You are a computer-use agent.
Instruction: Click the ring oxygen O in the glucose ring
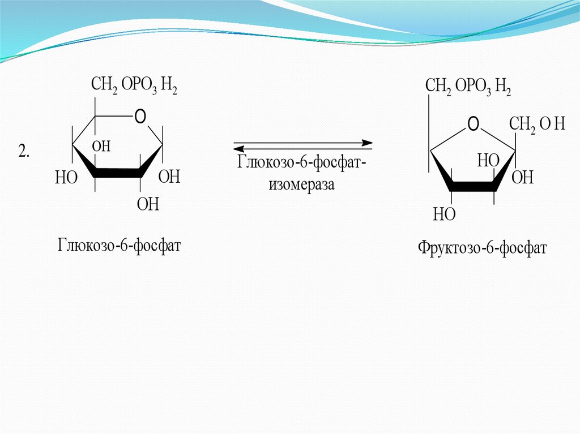pos(140,117)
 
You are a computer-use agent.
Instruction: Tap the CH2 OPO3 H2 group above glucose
pos(134,86)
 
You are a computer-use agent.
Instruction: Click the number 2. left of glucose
pos(24,152)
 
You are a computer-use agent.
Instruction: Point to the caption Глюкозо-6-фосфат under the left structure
pos(118,246)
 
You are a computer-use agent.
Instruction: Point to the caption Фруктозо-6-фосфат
pos(483,248)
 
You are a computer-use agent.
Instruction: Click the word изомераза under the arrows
pos(302,184)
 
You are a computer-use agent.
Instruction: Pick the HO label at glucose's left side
pos(65,178)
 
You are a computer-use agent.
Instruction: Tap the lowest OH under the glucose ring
pos(148,204)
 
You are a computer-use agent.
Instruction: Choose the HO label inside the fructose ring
pos(488,160)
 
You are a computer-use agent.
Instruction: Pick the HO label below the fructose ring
pos(444,214)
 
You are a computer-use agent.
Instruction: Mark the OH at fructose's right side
pos(522,178)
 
